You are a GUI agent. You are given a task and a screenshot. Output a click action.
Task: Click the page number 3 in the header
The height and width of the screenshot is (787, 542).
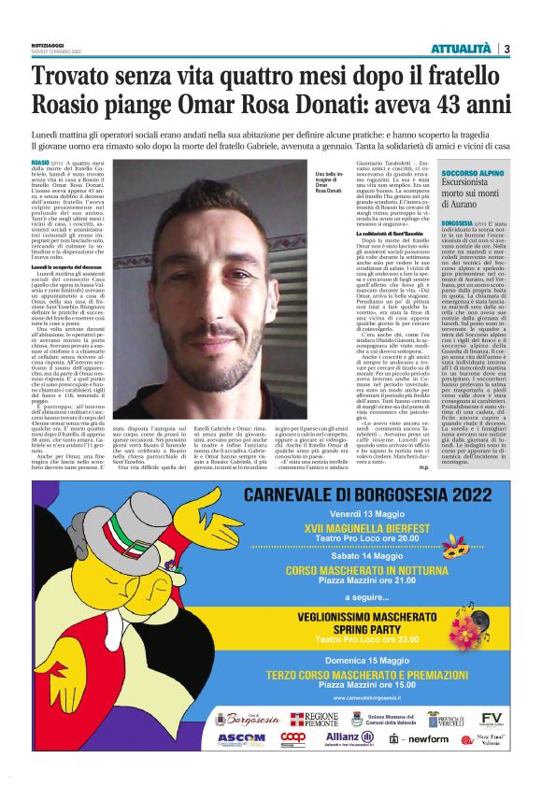pos(506,49)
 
